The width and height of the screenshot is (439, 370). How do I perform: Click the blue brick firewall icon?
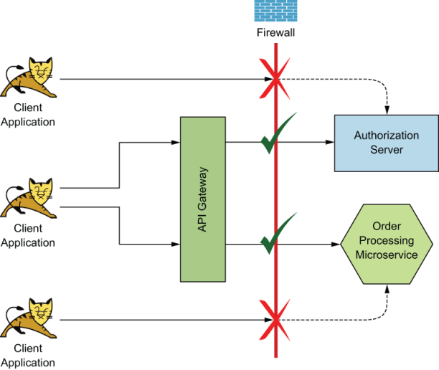[276, 11]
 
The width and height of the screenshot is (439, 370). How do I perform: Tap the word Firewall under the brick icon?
[276, 33]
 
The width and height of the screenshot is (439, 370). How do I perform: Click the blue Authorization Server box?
[386, 142]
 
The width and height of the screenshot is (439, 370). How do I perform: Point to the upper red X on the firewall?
[274, 80]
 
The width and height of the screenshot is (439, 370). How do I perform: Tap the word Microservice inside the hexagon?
[388, 255]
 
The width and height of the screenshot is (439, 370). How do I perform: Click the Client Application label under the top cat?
[28, 115]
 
